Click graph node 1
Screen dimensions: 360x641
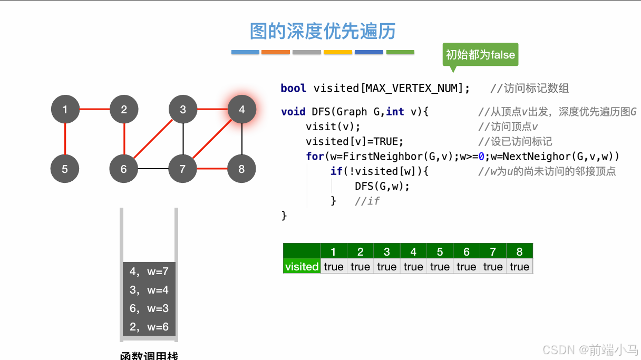[x=65, y=110]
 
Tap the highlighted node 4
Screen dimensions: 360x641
[x=242, y=110]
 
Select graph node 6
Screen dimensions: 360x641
[x=124, y=169]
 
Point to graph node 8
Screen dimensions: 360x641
[x=241, y=169]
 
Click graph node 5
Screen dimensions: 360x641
[x=65, y=169]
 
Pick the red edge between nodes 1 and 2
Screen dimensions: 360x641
[x=94, y=110]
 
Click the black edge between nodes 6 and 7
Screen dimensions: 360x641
[x=153, y=169]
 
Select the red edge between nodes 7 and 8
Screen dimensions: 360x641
[x=212, y=169]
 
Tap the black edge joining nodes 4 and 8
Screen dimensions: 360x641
[x=242, y=139]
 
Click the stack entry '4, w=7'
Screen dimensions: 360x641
[x=149, y=271]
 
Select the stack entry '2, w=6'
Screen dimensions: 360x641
[x=149, y=327]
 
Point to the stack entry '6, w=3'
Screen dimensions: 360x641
[x=149, y=308]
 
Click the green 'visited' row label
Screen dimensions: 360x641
[x=302, y=267]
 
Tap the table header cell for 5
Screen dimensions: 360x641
[x=440, y=251]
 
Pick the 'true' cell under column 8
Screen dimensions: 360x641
[x=519, y=267]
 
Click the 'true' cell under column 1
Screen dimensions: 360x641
[x=334, y=267]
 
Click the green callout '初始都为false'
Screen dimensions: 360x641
[x=480, y=54]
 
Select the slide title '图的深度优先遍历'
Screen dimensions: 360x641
[x=323, y=32]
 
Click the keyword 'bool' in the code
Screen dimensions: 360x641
[x=293, y=88]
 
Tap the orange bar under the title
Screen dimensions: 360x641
[x=276, y=52]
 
